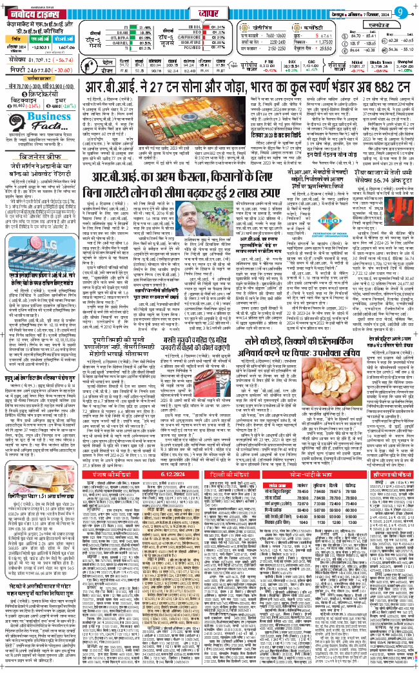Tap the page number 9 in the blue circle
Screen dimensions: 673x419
[400, 10]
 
